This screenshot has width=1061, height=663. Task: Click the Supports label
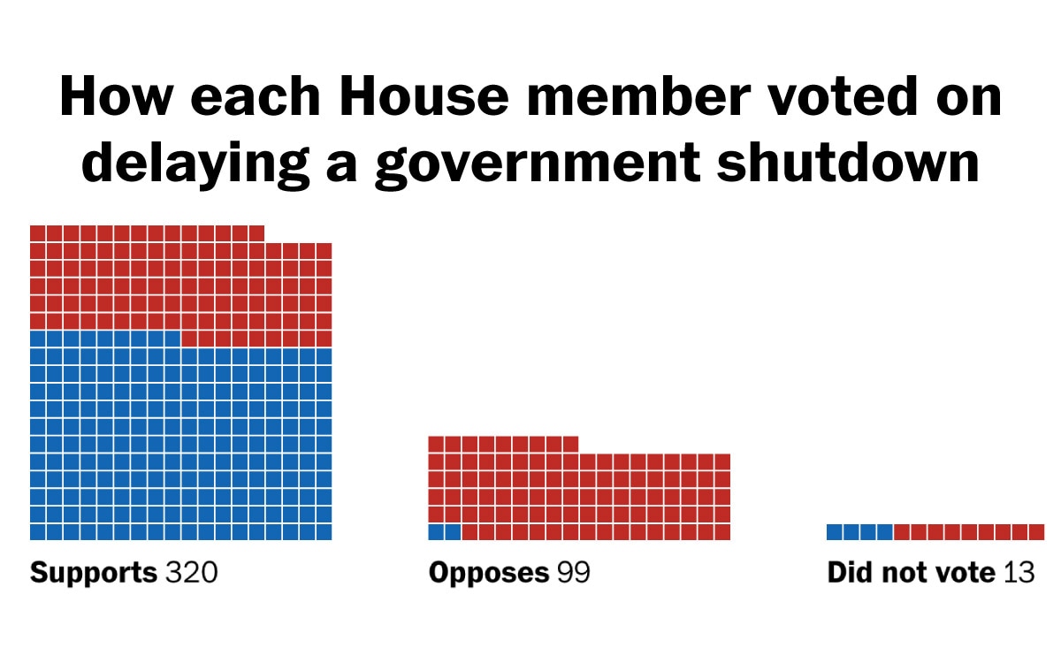coord(93,573)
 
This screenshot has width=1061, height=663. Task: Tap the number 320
coord(191,573)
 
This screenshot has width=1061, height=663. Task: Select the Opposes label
coord(488,573)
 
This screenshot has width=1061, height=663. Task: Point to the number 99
coord(573,573)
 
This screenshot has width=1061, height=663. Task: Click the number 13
coord(1019,573)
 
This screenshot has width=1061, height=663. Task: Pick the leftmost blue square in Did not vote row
coord(835,531)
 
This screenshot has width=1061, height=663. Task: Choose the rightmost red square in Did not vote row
coord(1036,531)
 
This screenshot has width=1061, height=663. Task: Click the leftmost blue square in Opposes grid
coord(436,531)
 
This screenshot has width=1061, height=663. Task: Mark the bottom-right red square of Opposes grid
coord(722,531)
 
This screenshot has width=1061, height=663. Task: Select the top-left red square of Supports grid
coord(38,233)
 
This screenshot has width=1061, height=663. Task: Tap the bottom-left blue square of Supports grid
coord(38,531)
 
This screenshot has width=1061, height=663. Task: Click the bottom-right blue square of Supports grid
coord(324,531)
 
